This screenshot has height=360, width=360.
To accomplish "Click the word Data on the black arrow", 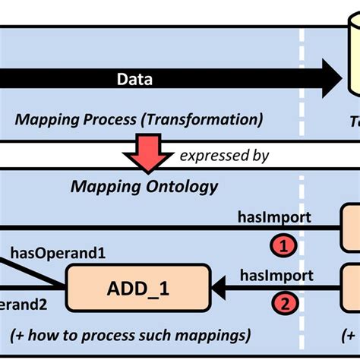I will click(135, 78).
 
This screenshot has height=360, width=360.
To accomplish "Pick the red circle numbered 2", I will click(282, 305).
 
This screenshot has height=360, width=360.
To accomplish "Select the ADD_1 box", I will click(138, 287).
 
